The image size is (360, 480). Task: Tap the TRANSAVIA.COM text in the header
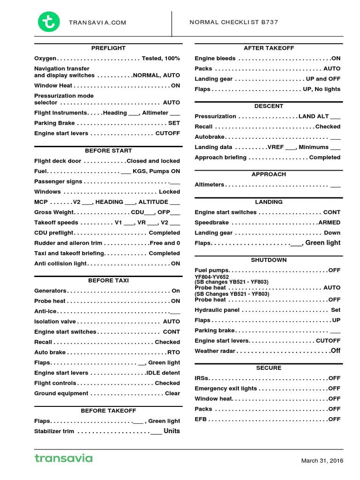(97, 22)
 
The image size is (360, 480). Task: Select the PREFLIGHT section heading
(108, 48)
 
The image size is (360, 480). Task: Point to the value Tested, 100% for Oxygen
(161, 59)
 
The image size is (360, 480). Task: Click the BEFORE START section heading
(108, 151)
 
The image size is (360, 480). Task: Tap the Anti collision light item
(60, 264)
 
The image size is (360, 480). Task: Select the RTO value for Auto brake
(173, 352)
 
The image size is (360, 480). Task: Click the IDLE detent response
(163, 373)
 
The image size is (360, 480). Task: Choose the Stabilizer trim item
(54, 431)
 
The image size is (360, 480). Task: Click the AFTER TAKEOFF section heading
(269, 48)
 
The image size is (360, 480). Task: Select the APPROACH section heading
(269, 174)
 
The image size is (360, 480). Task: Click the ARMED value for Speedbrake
(330, 223)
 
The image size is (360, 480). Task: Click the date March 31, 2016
(322, 461)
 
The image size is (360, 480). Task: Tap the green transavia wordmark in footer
(63, 458)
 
